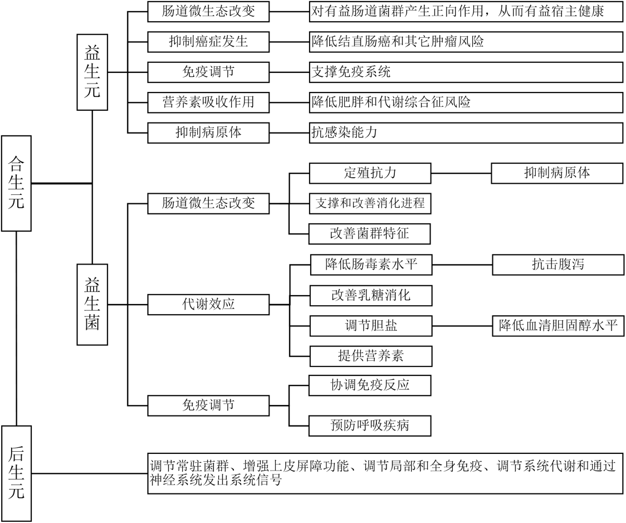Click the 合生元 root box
click(16, 182)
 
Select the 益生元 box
click(92, 72)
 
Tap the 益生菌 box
click(92, 304)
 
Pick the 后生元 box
click(16, 473)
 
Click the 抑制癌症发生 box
click(208, 42)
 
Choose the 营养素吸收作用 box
click(208, 102)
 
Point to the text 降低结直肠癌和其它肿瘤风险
click(401, 42)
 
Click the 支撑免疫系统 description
click(351, 72)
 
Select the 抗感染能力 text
click(345, 132)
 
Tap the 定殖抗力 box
click(370, 173)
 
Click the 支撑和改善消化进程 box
click(370, 203)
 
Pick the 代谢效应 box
click(208, 305)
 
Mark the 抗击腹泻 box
click(557, 265)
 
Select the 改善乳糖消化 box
click(370, 295)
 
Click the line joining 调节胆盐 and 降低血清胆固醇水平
click(461, 325)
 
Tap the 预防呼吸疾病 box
click(370, 426)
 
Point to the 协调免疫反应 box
click(370, 385)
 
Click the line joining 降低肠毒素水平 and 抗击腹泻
click(462, 265)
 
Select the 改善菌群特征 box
click(370, 233)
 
